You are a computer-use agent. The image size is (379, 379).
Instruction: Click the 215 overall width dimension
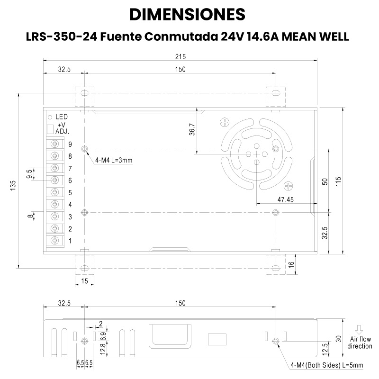point(180,57)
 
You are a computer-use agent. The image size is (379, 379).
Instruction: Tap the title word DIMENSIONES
point(187,15)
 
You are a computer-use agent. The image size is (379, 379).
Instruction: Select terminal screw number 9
point(55,144)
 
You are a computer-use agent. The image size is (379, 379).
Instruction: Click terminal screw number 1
point(55,241)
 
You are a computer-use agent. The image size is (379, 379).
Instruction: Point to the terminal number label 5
point(70,193)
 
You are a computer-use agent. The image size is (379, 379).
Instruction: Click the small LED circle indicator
point(50,117)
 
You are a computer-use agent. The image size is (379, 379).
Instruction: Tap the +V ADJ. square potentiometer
point(50,129)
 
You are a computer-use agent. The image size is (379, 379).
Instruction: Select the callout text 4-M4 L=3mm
point(114,160)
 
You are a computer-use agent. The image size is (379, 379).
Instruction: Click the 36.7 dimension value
point(192,129)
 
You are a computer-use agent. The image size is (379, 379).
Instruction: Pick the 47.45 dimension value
point(286,199)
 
